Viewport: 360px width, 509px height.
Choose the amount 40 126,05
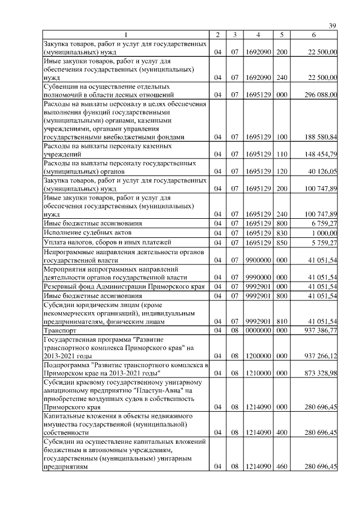pyautogui.click(x=320, y=170)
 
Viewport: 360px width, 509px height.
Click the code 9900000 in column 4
pyautogui.click(x=258, y=260)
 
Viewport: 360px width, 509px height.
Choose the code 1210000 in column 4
pyautogui.click(x=258, y=373)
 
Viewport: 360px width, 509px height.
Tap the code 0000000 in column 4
pyautogui.click(x=258, y=330)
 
